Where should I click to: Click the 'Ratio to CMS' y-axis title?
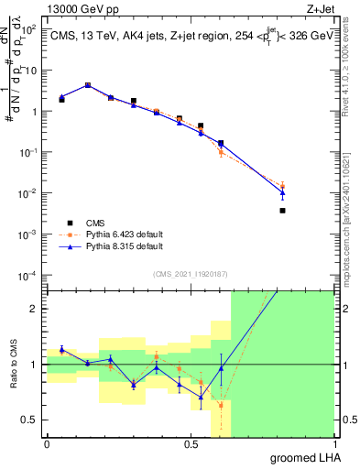tap(13, 364)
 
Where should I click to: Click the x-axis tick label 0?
tap(47, 443)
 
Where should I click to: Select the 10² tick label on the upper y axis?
tap(30, 29)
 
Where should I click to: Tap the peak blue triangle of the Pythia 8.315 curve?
tap(87, 85)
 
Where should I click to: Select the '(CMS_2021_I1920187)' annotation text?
tap(190, 272)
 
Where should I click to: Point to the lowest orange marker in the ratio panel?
tap(221, 405)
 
